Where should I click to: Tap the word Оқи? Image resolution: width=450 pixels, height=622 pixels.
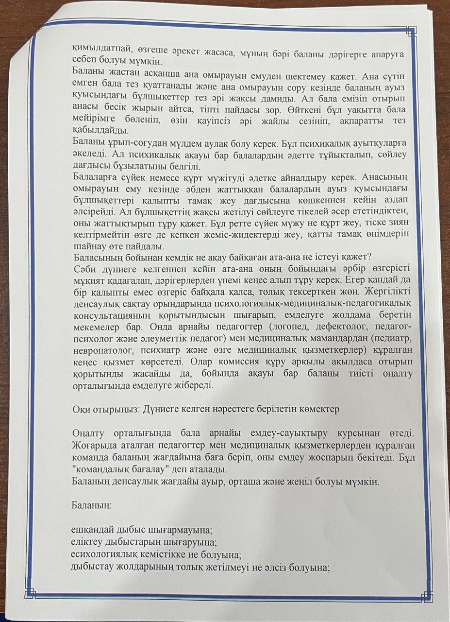80,409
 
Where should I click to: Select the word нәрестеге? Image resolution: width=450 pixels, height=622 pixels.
234,409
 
